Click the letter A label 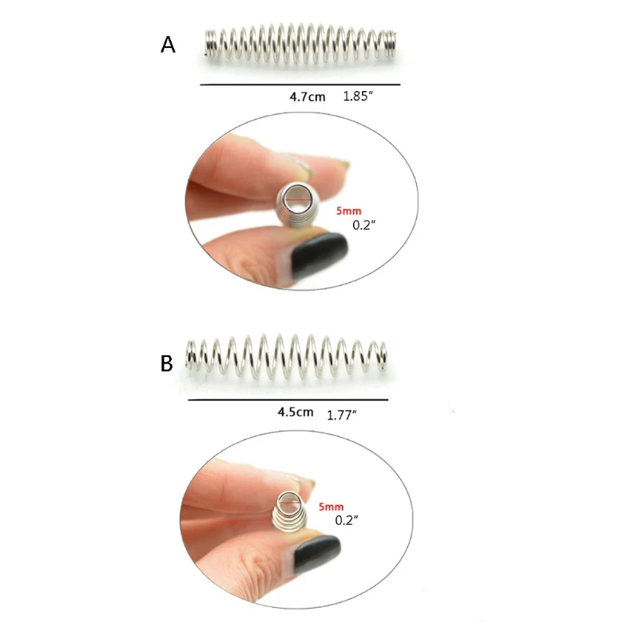click(x=168, y=45)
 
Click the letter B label click(x=167, y=363)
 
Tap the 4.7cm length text click(x=308, y=97)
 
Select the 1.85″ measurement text click(x=358, y=96)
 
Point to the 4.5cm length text click(x=296, y=412)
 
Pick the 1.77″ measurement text click(x=342, y=415)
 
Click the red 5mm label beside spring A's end click(x=349, y=211)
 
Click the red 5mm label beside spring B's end click(x=331, y=506)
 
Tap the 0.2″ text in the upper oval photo click(x=364, y=225)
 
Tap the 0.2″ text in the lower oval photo click(x=347, y=521)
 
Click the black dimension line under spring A click(x=300, y=85)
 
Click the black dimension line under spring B click(x=288, y=400)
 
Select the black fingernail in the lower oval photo click(x=317, y=555)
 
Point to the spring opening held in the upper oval click(x=297, y=200)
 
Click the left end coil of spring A click(x=209, y=43)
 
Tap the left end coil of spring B click(x=191, y=356)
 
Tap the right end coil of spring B click(x=382, y=356)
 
